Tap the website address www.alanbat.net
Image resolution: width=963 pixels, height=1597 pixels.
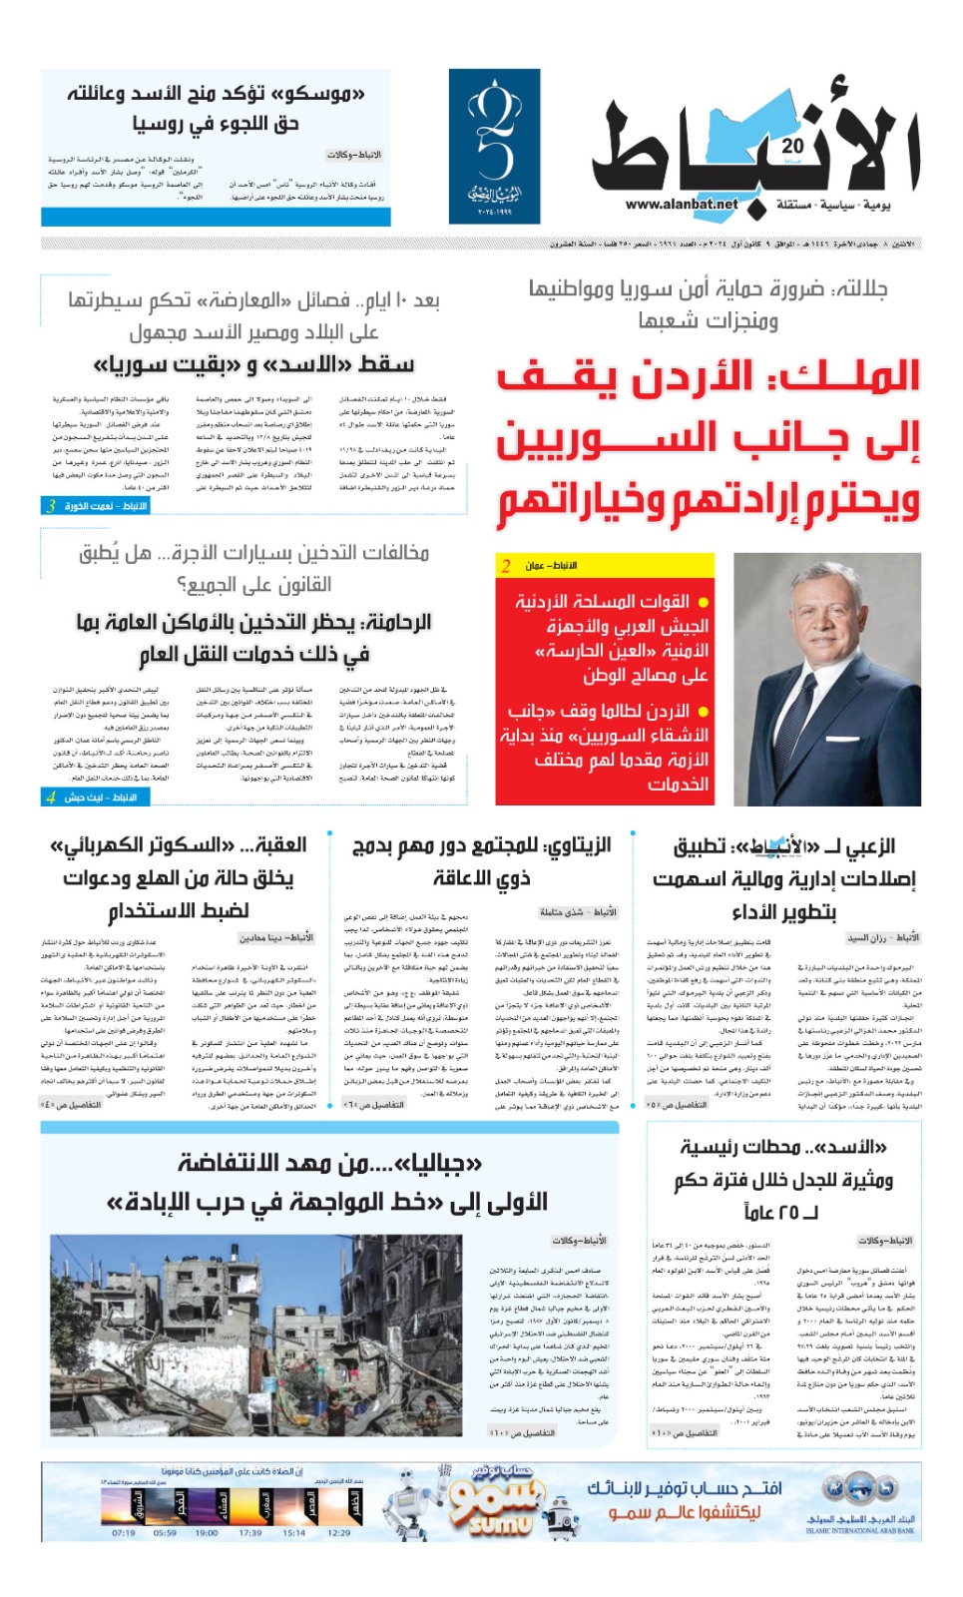[682, 205]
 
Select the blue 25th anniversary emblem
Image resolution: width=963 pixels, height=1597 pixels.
[494, 146]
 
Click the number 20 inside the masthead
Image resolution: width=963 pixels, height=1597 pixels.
[793, 146]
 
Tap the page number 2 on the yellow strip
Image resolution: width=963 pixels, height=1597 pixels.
[506, 566]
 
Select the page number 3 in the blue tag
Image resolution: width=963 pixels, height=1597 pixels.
[51, 506]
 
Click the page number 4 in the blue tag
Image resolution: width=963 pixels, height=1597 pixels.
[51, 797]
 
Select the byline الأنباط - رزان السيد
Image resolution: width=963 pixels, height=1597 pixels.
[882, 938]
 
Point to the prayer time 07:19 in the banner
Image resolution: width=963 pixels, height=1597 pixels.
[123, 1532]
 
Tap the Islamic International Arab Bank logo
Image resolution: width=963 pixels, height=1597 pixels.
[859, 1502]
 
